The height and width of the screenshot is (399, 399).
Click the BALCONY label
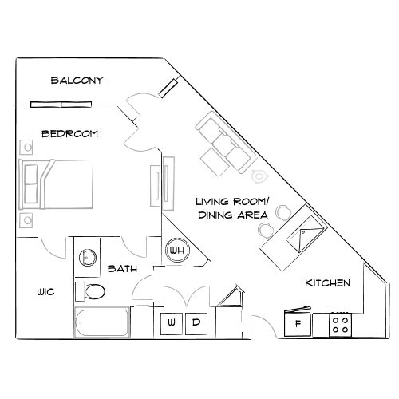[76, 80]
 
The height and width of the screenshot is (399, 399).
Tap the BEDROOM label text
[69, 133]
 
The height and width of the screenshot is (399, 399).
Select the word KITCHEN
[328, 283]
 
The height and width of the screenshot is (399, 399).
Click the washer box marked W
[172, 323]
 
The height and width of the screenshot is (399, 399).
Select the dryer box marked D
[196, 323]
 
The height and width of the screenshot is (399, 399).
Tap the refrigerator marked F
[298, 323]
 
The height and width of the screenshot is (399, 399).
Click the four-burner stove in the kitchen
[341, 324]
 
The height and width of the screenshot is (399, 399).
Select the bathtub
[102, 324]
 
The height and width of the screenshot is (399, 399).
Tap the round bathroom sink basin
[87, 257]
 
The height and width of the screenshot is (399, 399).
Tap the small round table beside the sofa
[259, 176]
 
